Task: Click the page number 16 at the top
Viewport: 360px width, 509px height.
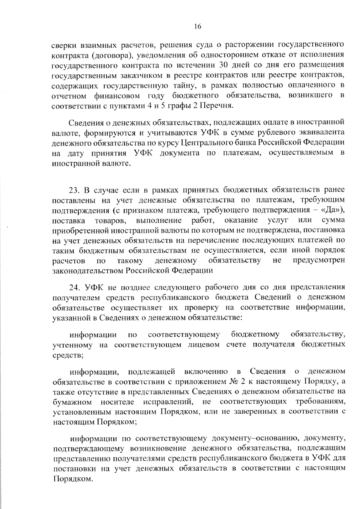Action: click(x=197, y=27)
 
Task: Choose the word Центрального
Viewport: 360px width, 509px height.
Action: click(x=206, y=142)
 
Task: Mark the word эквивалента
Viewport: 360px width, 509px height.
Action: click(x=322, y=132)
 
